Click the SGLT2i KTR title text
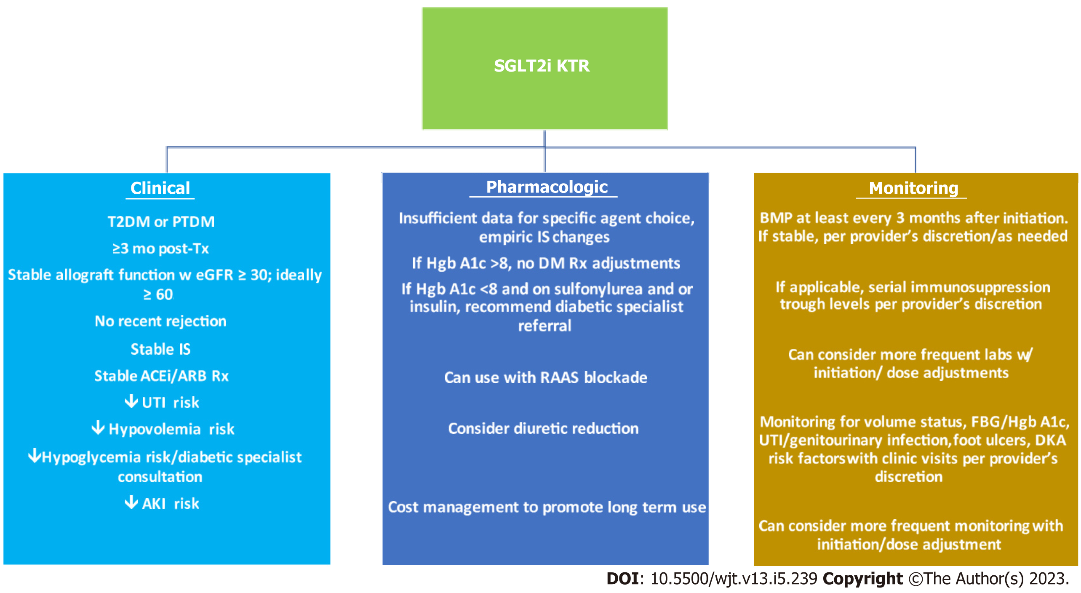point(542,66)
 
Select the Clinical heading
point(160,188)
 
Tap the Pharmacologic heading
point(547,187)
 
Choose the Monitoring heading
point(913,188)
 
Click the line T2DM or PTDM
point(161,222)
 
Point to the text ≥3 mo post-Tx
point(160,248)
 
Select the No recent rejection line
point(160,321)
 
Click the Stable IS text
point(160,349)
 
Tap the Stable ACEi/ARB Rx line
point(161,376)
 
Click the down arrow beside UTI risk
point(131,401)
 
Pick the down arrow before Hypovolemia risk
point(98,427)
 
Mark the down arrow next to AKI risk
point(131,502)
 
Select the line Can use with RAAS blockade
point(546,377)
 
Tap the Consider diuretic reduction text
point(543,428)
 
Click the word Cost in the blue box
point(403,507)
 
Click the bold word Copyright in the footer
point(863,579)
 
